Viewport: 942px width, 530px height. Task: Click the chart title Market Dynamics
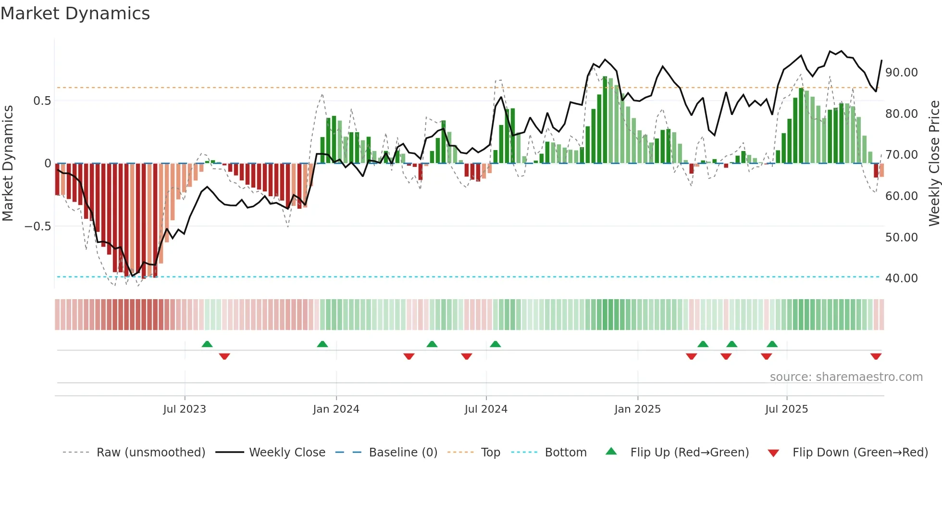(x=75, y=13)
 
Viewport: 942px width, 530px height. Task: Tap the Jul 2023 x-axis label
(x=185, y=409)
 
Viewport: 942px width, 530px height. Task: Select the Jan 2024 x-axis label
(x=336, y=409)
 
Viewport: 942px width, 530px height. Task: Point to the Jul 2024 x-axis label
(x=486, y=409)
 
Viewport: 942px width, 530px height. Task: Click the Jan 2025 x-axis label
(x=637, y=409)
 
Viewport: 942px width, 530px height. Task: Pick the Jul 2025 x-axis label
(x=786, y=409)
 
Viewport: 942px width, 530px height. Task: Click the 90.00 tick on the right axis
(x=901, y=73)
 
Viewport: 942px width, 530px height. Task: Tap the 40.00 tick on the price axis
(x=901, y=278)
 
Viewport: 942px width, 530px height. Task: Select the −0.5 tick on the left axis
(x=37, y=227)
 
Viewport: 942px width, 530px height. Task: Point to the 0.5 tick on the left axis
(x=42, y=101)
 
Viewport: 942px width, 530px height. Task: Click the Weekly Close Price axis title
(x=934, y=163)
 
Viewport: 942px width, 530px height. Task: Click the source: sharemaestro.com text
(x=846, y=377)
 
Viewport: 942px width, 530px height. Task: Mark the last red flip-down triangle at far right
(x=876, y=356)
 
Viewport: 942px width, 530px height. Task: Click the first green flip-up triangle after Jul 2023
(x=207, y=344)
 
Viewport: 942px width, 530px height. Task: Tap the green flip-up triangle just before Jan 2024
(x=322, y=344)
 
